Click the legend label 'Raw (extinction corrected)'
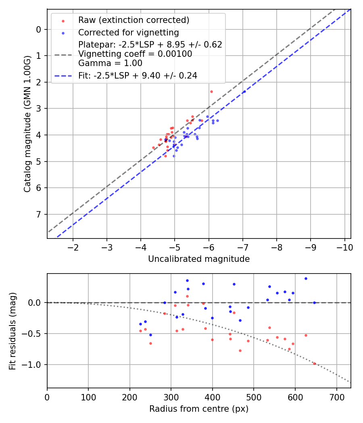click(x=134, y=20)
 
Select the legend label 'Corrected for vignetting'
click(x=128, y=32)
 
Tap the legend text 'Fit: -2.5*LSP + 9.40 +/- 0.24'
click(x=138, y=75)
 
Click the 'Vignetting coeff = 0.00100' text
click(x=135, y=54)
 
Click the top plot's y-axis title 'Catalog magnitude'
click(x=27, y=123)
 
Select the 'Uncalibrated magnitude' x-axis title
click(x=199, y=259)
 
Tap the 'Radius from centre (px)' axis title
click(x=199, y=409)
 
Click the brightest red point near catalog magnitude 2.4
click(x=211, y=91)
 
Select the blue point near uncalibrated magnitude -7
click(x=244, y=92)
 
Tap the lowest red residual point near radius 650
click(x=315, y=363)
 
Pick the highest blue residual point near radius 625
click(x=306, y=278)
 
